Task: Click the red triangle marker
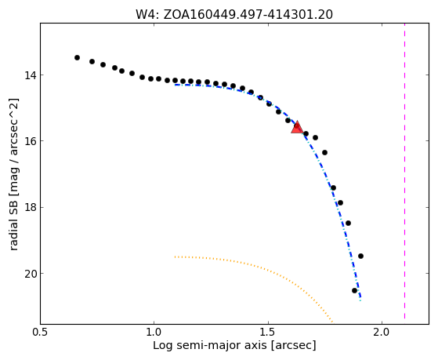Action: [x=297, y=127]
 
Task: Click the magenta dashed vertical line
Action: [x=404, y=171]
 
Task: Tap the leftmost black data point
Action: [x=77, y=57]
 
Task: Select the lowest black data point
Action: [x=354, y=291]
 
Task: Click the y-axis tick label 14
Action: [x=31, y=75]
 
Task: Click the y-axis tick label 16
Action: [x=31, y=141]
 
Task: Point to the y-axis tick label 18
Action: [x=31, y=208]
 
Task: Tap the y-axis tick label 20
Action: [x=31, y=274]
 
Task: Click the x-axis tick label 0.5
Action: [x=41, y=332]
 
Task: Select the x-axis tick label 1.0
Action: [x=154, y=332]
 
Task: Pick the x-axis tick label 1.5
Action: [x=268, y=332]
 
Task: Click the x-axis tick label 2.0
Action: [x=382, y=332]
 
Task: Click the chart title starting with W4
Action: [x=234, y=15]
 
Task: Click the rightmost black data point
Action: [x=360, y=256]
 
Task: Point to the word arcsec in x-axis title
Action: [x=295, y=345]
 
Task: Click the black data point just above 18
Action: [x=340, y=203]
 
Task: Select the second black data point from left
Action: [x=92, y=61]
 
